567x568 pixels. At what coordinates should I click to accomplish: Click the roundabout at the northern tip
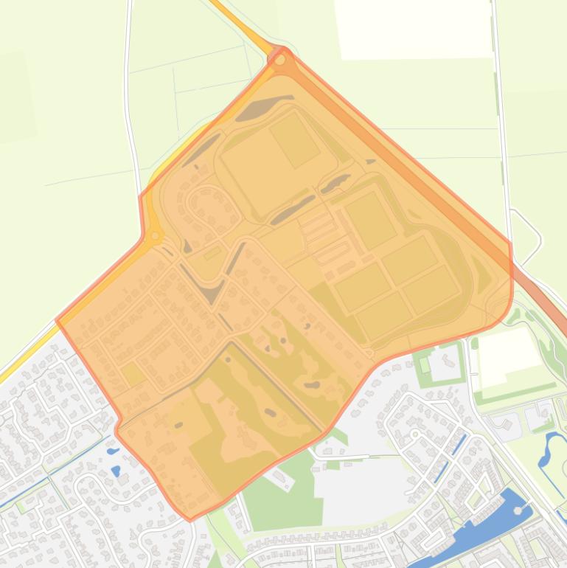279,59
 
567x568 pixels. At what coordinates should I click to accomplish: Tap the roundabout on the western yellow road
155,237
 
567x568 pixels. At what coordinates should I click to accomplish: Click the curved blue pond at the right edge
552,450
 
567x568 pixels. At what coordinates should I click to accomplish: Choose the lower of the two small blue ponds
116,470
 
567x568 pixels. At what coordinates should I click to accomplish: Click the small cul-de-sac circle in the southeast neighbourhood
415,434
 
